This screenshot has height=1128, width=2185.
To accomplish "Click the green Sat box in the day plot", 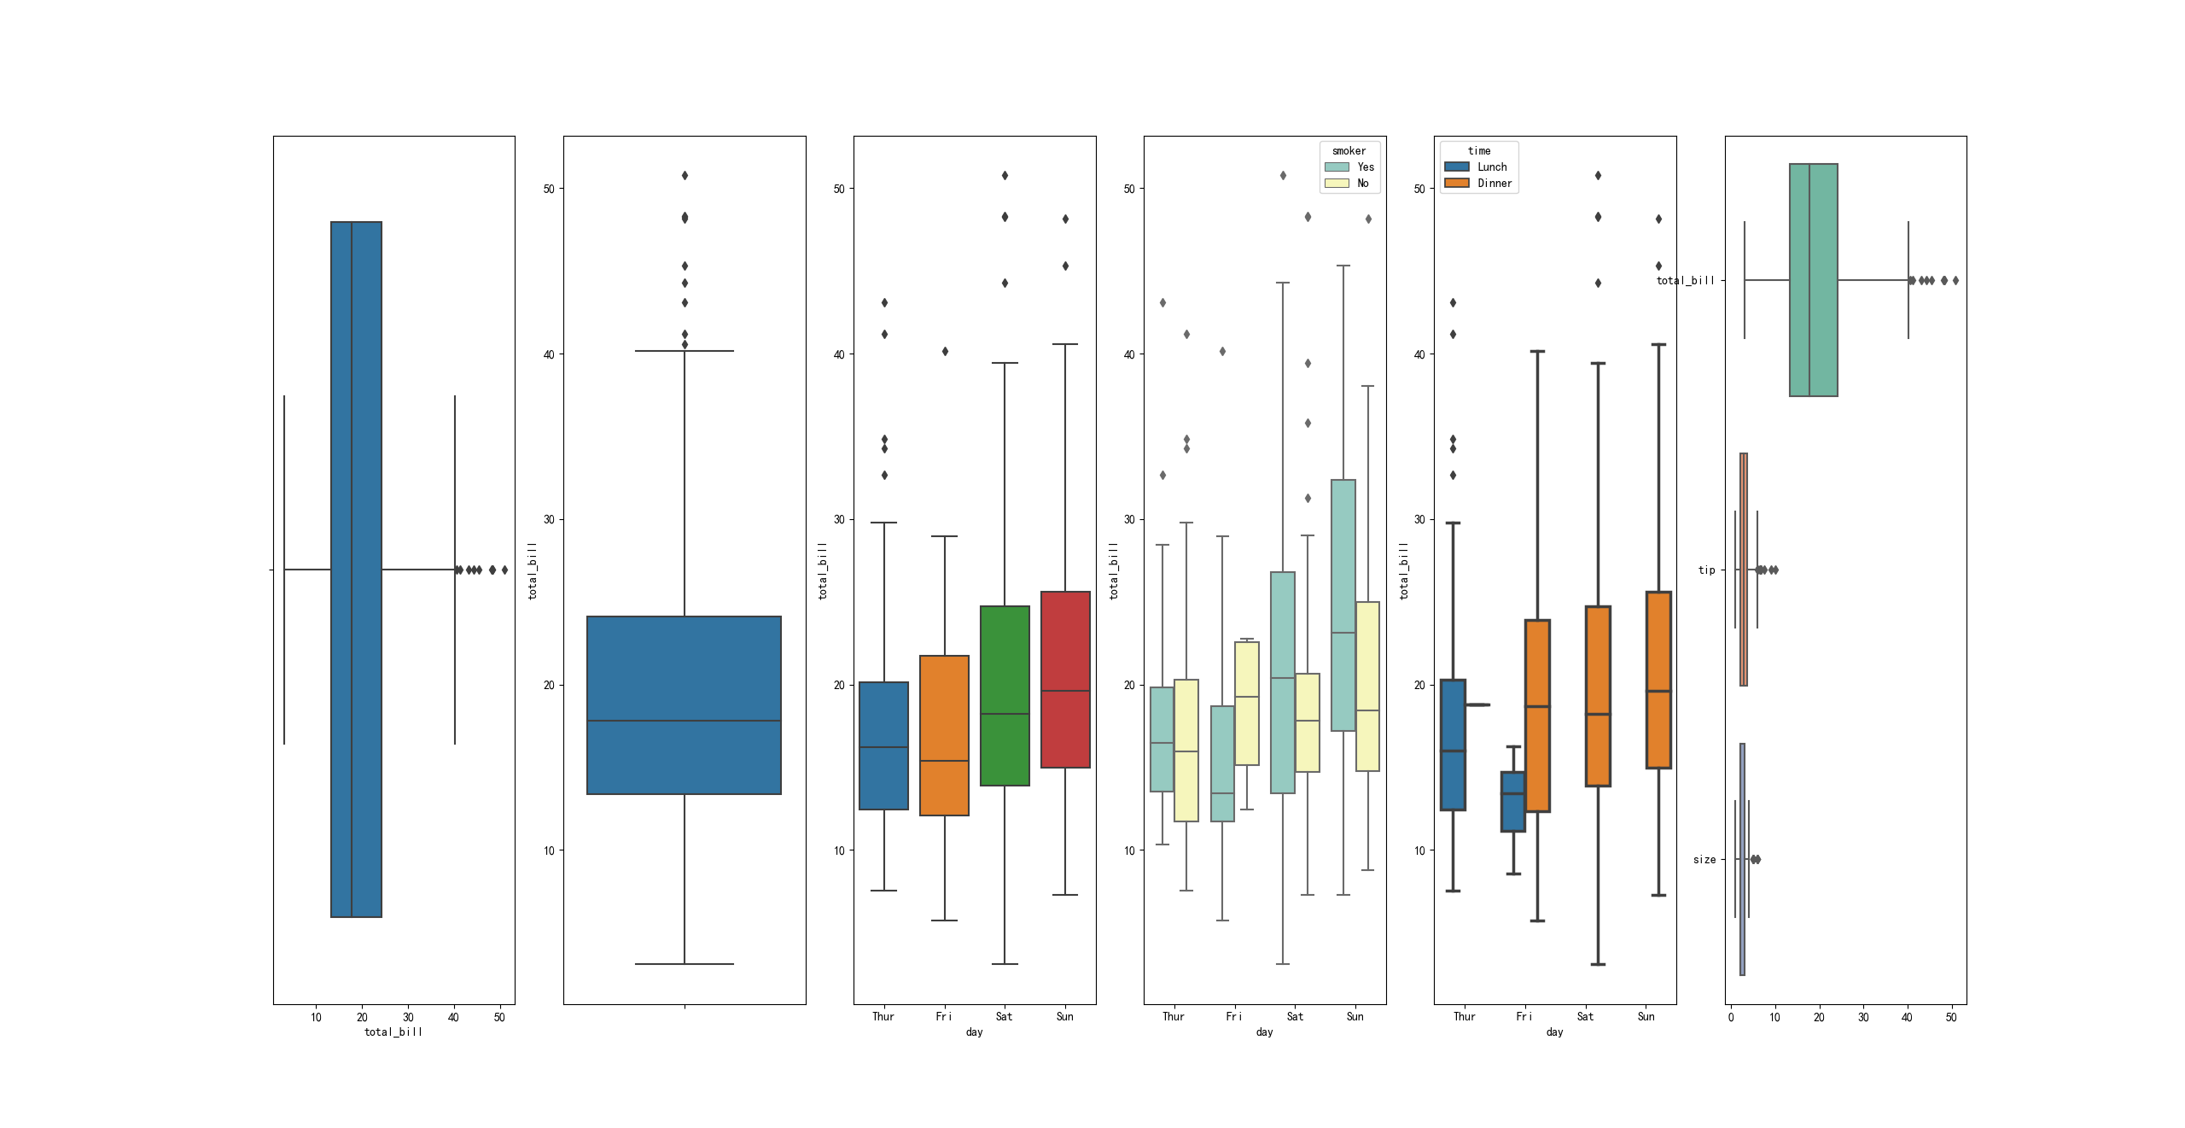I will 1005,695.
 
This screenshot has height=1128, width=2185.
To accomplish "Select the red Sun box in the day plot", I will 1065,679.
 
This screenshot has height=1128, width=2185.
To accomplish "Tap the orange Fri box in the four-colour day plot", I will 944,735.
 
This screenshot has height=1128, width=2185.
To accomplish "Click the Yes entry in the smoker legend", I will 1365,167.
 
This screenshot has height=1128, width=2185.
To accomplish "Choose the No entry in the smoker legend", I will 1362,184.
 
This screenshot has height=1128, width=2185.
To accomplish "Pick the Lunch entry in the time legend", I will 1491,167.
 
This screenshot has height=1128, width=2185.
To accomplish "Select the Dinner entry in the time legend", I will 1494,184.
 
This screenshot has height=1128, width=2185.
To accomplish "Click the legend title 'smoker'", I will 1349,151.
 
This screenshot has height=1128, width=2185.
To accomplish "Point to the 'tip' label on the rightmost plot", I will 1706,570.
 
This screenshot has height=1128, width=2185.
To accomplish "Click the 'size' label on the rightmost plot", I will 1704,860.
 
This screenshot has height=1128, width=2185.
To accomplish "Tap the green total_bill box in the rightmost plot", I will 1813,280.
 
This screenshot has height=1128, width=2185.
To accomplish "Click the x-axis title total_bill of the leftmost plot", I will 393,1032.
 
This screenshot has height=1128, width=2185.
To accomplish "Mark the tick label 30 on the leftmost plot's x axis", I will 408,1017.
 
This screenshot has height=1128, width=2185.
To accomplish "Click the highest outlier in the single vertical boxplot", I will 685,176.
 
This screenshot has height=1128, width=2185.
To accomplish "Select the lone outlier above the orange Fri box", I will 945,352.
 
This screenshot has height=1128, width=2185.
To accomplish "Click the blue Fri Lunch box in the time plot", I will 1513,801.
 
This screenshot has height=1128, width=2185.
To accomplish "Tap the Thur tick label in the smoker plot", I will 1173,1017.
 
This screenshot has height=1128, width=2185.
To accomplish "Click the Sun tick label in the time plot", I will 1646,1017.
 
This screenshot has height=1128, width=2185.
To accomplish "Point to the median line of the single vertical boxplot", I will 684,721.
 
